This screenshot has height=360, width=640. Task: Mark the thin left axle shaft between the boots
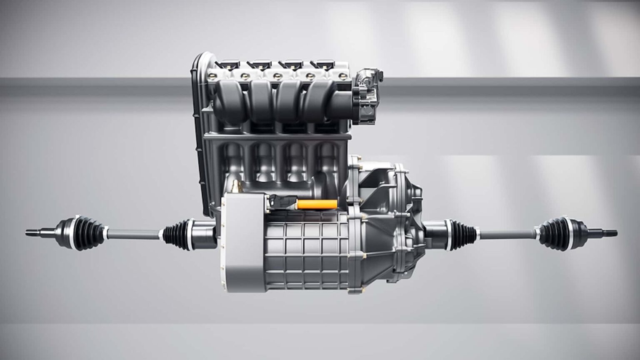pyautogui.click(x=133, y=234)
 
